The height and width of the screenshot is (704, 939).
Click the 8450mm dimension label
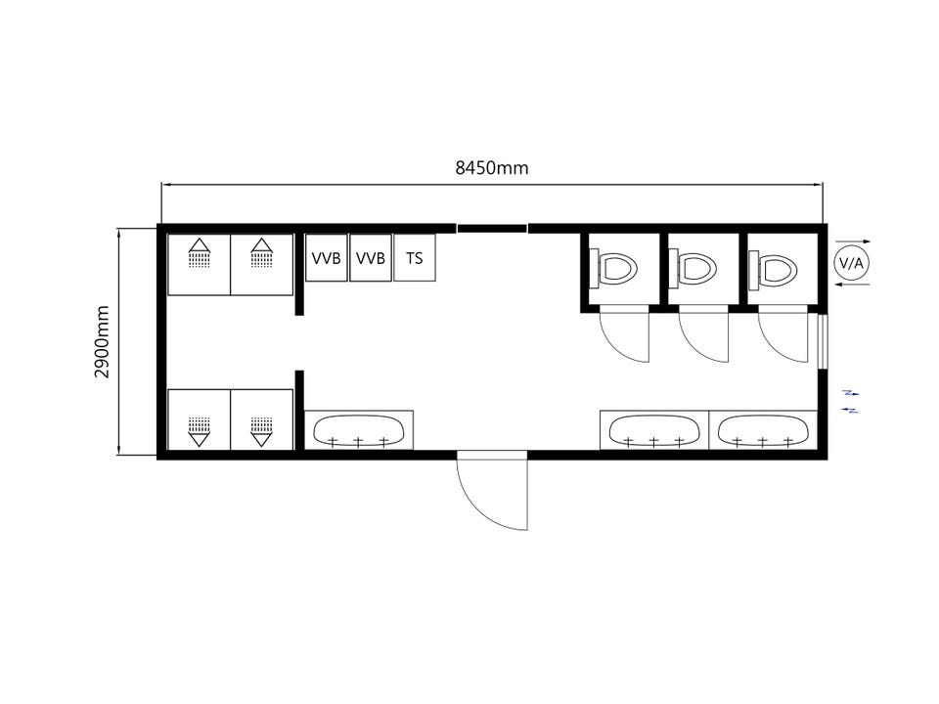(x=492, y=168)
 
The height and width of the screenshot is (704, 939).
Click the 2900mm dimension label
(x=103, y=342)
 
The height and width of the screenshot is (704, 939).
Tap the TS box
(x=415, y=258)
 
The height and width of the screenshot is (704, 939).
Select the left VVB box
(x=327, y=258)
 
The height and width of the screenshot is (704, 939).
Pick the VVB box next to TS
(x=371, y=258)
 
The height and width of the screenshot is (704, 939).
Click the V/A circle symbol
(x=852, y=263)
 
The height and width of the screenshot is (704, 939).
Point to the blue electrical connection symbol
(x=850, y=401)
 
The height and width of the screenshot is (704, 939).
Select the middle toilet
(x=694, y=268)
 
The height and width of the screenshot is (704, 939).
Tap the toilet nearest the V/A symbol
(x=774, y=268)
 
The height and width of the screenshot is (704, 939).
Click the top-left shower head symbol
(x=200, y=252)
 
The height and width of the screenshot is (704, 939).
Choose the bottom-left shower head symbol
(x=200, y=431)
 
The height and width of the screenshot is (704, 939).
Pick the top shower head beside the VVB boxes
(x=262, y=252)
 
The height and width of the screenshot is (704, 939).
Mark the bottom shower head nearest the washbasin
(x=262, y=431)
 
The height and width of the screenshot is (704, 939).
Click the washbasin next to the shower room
(x=359, y=430)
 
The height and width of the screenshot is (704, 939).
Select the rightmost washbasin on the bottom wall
(x=763, y=430)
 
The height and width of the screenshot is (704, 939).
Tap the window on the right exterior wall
(x=823, y=340)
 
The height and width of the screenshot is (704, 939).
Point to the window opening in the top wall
(x=492, y=228)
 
